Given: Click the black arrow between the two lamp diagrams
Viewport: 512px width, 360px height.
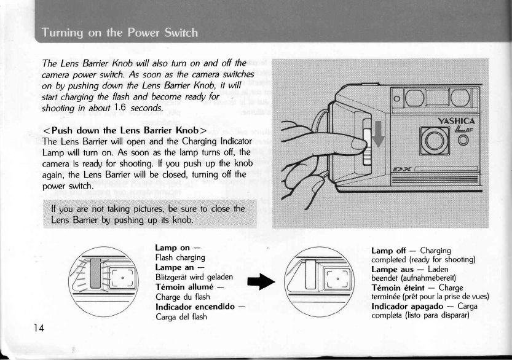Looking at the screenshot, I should coord(261,288).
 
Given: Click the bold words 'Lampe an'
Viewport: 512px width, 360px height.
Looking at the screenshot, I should coord(175,267).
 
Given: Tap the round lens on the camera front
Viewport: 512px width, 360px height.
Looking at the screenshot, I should coord(435,141).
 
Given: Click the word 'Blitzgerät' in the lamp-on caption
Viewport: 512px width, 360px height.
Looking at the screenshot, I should coord(174,276).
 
